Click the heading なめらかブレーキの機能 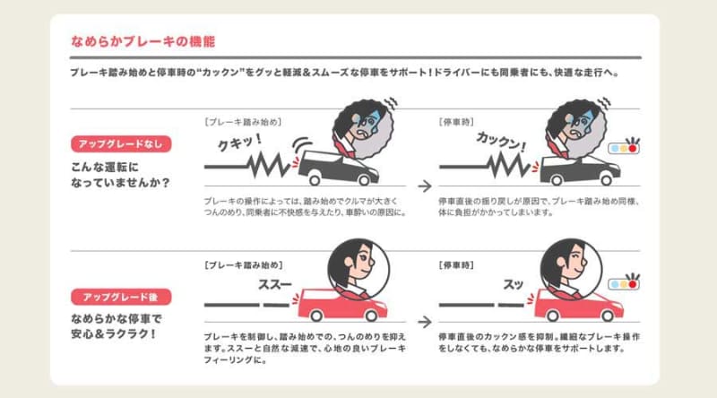pos(143,42)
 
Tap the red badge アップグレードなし pos(120,143)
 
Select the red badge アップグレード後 pos(120,297)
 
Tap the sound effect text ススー pos(274,284)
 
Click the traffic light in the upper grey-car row pos(624,145)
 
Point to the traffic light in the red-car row pos(624,283)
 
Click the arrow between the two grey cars pos(421,166)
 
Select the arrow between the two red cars pos(421,320)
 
